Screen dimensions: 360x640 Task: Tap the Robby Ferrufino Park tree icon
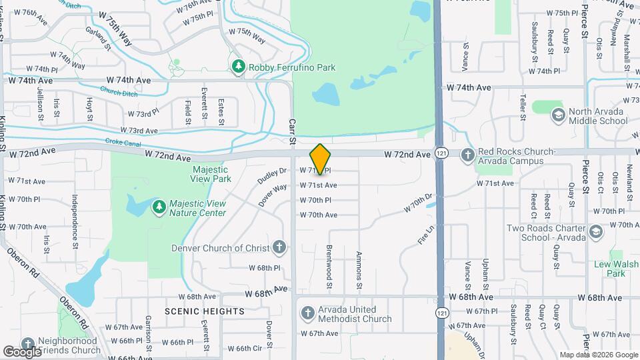239,67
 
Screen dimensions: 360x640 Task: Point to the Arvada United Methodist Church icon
307,313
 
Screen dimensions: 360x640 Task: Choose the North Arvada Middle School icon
557,115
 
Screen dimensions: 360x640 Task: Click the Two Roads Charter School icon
595,232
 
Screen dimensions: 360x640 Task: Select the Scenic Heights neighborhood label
205,311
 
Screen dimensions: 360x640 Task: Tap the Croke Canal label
120,141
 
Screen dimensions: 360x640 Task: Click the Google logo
22,351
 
